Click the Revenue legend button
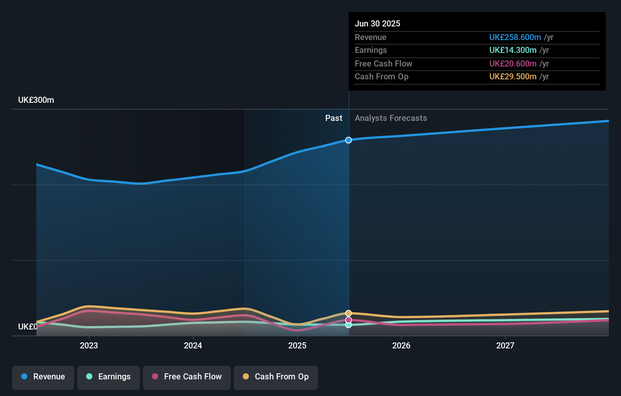(x=43, y=377)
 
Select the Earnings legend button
(x=109, y=377)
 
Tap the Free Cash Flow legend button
(x=187, y=377)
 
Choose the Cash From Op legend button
(x=276, y=377)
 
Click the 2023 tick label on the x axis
(x=89, y=346)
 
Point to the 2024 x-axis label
(x=193, y=346)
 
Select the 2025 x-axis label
(x=297, y=346)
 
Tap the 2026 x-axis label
(x=401, y=346)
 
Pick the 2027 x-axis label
(x=505, y=346)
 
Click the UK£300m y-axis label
(x=36, y=100)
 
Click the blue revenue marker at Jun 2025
(x=348, y=140)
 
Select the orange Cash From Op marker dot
(x=348, y=313)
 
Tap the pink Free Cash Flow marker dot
(x=348, y=320)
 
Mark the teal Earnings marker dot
(x=348, y=325)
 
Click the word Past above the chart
(x=334, y=118)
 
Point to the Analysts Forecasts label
(x=391, y=118)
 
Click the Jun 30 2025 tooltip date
(x=377, y=24)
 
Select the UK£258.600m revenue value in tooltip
(x=515, y=37)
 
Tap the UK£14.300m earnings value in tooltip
(x=512, y=50)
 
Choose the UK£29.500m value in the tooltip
(x=512, y=77)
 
